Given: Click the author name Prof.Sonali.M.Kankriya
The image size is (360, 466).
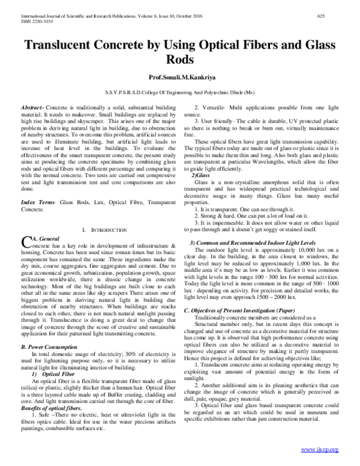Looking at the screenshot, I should pos(180,78).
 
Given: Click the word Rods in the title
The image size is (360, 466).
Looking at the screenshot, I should pos(180,60).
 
